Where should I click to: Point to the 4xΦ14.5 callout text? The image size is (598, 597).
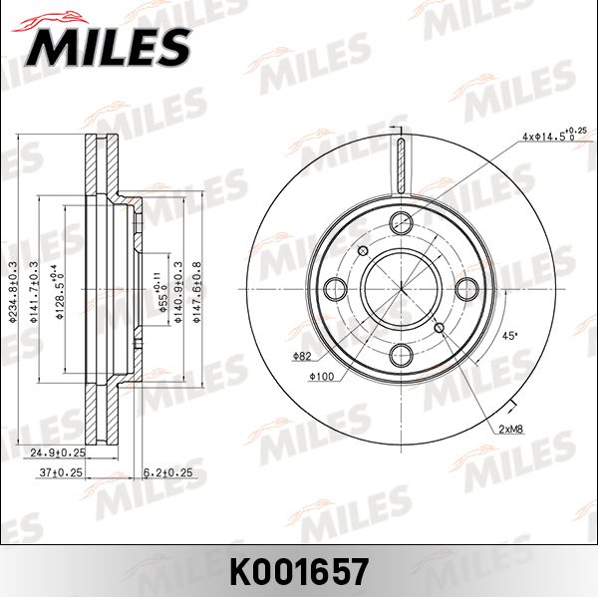point(551,136)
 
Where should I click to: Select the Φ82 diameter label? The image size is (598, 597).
point(303,356)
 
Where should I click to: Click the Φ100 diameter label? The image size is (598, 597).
point(320,376)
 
